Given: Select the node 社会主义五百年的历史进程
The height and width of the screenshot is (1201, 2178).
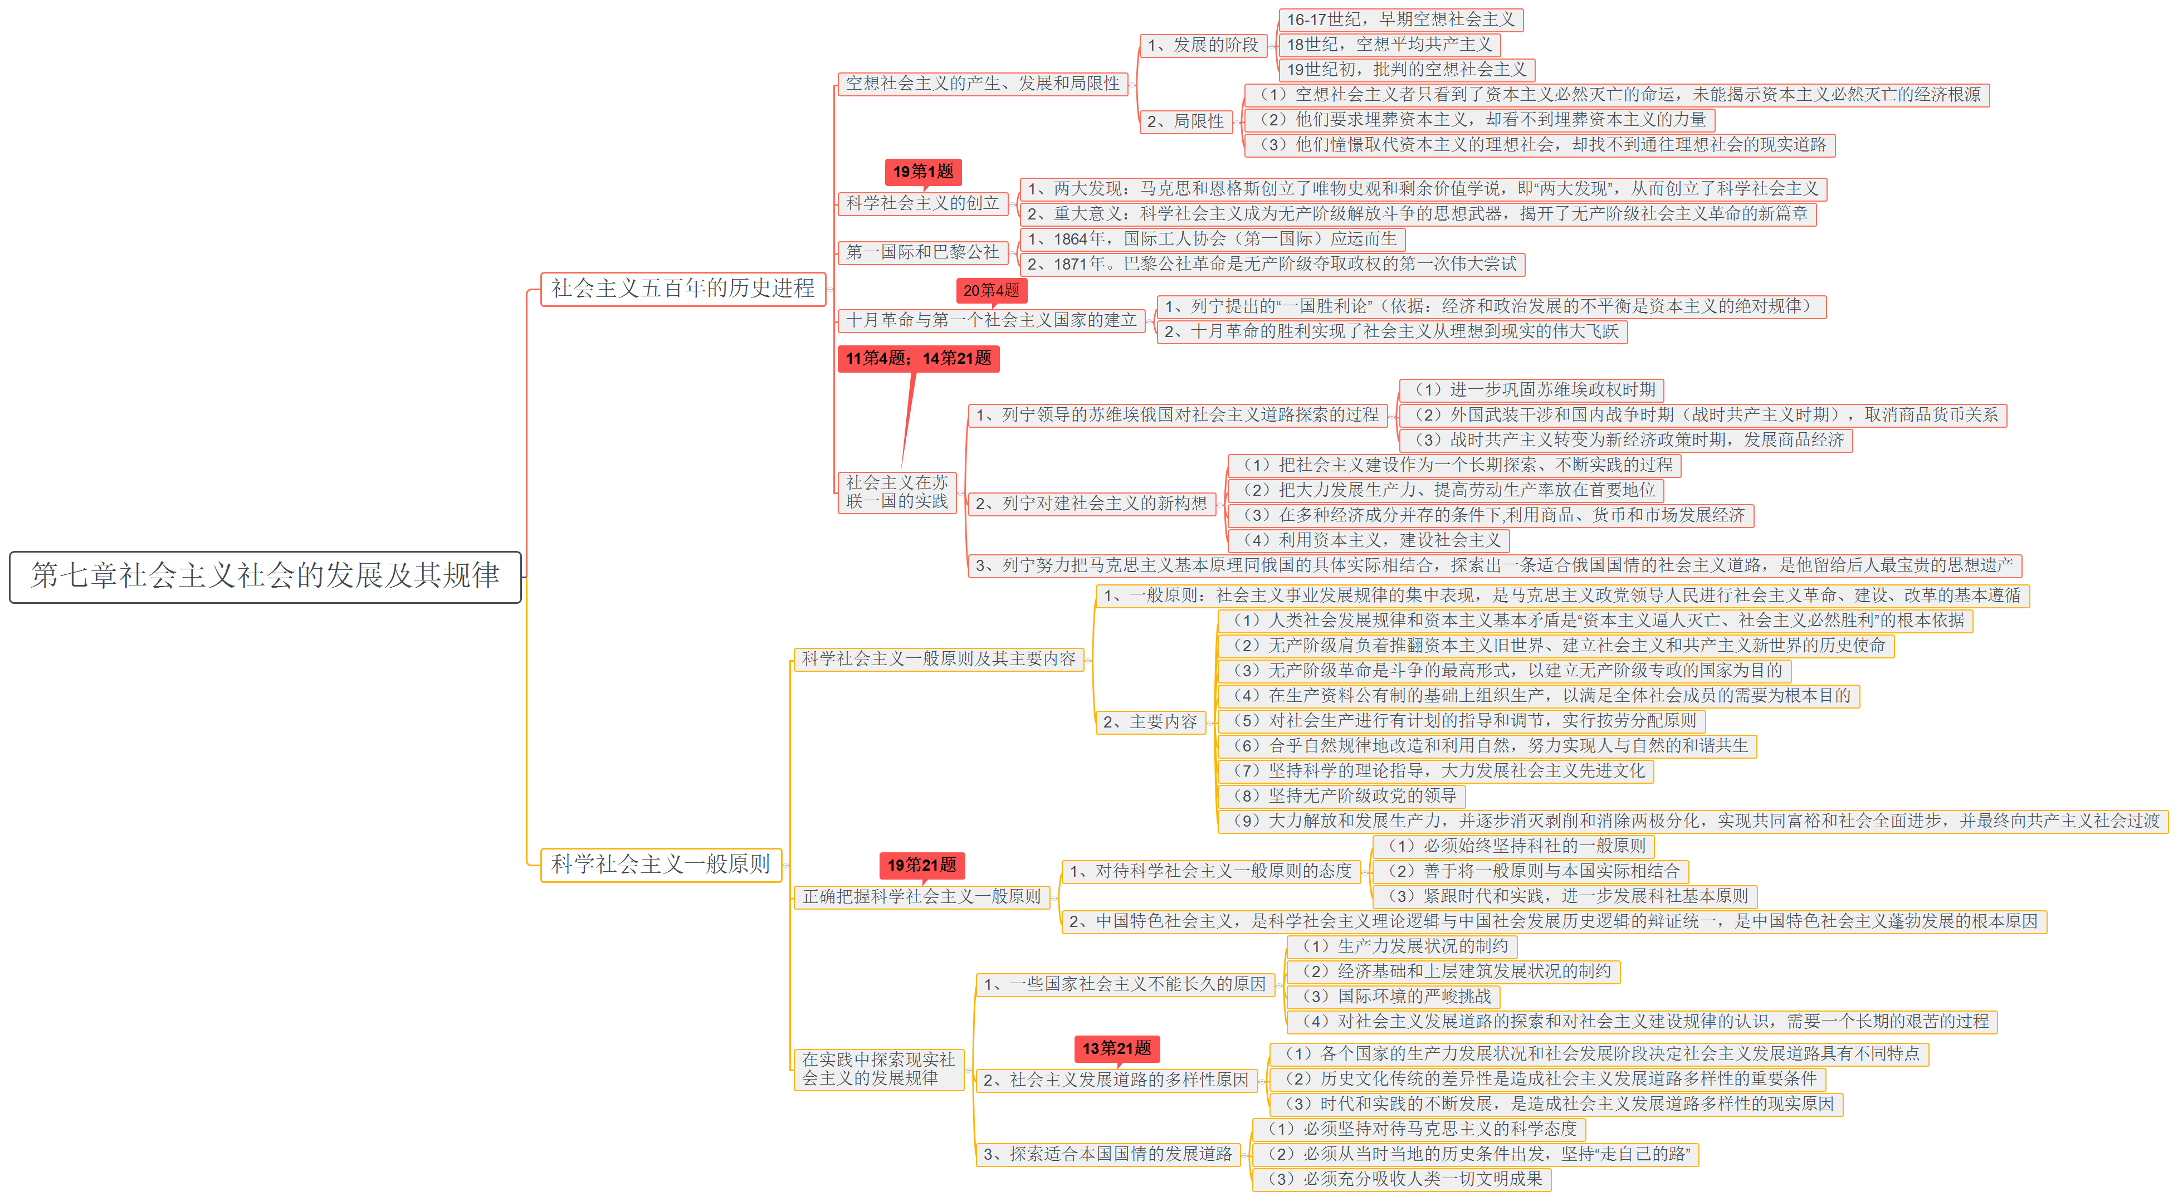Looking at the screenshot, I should tap(682, 289).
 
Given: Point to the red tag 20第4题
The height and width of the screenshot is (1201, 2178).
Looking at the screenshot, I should tap(991, 291).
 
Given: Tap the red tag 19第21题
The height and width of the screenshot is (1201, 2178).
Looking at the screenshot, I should tap(921, 865).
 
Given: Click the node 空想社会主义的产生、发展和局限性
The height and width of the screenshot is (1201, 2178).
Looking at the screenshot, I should tap(983, 84).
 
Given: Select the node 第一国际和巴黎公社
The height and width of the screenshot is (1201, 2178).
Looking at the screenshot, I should tap(922, 252).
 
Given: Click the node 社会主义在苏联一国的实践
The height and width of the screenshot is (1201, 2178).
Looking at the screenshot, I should tap(896, 492).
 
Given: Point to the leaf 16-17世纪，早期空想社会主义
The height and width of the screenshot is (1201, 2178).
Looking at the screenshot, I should tap(1400, 19).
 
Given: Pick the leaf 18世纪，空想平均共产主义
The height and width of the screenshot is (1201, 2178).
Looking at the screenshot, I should tap(1389, 45).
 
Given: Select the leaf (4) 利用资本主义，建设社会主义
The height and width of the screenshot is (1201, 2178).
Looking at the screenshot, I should tap(1367, 540).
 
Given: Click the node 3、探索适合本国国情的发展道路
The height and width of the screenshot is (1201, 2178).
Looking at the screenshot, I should tap(1107, 1154).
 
